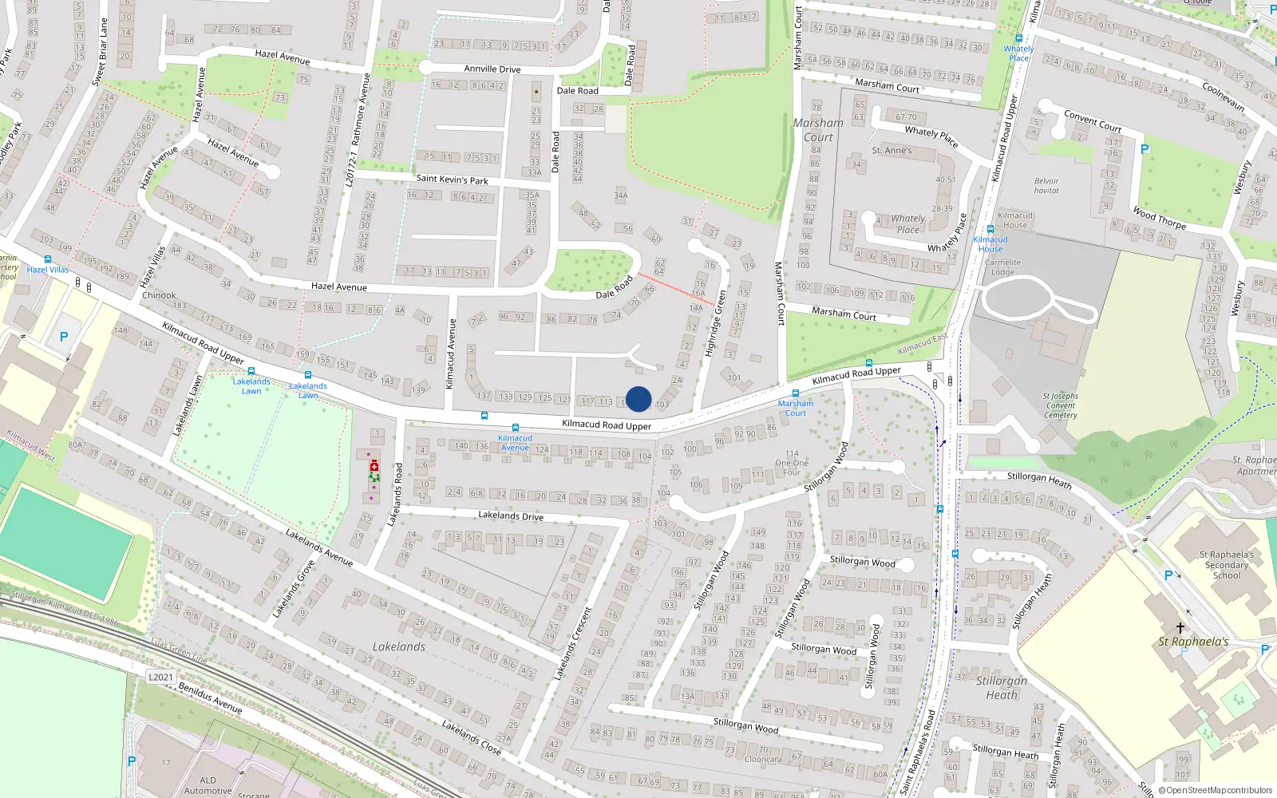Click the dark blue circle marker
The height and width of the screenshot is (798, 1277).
pyautogui.click(x=638, y=399)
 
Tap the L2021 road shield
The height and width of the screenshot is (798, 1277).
pyautogui.click(x=160, y=678)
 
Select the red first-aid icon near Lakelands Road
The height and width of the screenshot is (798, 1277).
pyautogui.click(x=374, y=466)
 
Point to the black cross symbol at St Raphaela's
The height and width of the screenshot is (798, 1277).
pyautogui.click(x=1180, y=628)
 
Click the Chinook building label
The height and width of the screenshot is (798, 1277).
pyautogui.click(x=159, y=295)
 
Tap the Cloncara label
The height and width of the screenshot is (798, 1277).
pyautogui.click(x=762, y=759)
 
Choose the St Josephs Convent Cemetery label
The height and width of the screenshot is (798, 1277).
pyautogui.click(x=1060, y=405)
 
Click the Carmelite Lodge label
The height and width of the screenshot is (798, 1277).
pyautogui.click(x=1002, y=267)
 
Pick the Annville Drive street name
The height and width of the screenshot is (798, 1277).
pyautogui.click(x=492, y=69)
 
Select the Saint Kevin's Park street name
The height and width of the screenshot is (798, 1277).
pyautogui.click(x=452, y=180)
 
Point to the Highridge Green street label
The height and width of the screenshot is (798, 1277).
pyautogui.click(x=715, y=323)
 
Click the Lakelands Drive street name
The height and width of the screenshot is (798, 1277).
pyautogui.click(x=511, y=516)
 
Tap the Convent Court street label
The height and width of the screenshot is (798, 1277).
pyautogui.click(x=1093, y=121)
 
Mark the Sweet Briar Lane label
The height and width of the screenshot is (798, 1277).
pyautogui.click(x=100, y=52)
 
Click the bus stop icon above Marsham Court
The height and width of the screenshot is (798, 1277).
pyautogui.click(x=795, y=393)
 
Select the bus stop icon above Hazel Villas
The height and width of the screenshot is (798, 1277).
pyautogui.click(x=48, y=259)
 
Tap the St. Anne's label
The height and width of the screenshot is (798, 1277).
pyautogui.click(x=892, y=150)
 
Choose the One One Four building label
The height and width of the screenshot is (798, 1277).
pyautogui.click(x=791, y=463)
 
